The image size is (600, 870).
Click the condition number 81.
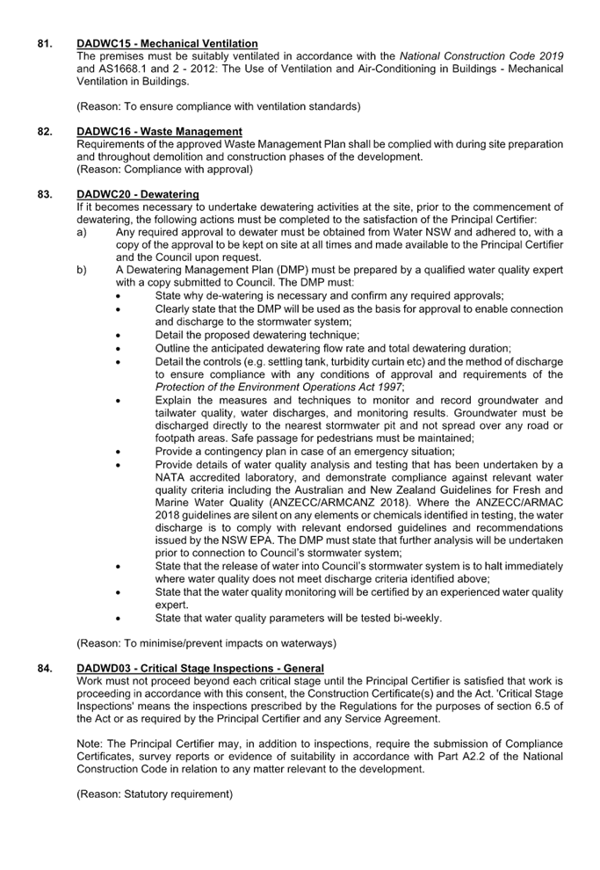45,43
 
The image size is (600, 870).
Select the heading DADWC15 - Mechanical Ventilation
167,43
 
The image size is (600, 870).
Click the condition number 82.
45,132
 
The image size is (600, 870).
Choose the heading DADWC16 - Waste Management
159,132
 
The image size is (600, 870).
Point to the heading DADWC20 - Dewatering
138,194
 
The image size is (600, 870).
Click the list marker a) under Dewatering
82,233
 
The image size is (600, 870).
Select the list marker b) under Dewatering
82,270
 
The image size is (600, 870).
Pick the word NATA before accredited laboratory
170,477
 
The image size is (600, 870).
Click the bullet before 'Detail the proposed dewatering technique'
118,336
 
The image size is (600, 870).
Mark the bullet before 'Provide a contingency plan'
118,453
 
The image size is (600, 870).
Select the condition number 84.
45,669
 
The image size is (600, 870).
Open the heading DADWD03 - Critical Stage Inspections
200,669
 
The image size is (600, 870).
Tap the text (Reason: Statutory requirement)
155,794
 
